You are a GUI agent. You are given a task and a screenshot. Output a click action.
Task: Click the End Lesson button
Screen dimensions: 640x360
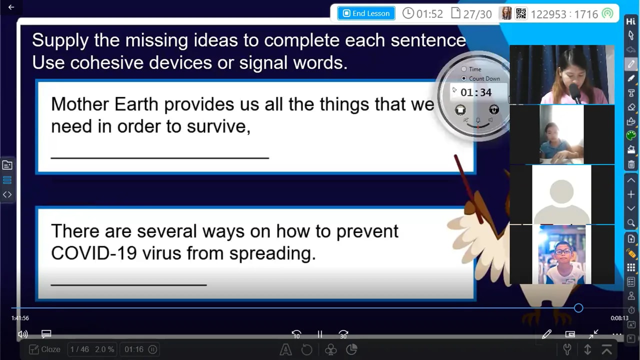pyautogui.click(x=366, y=13)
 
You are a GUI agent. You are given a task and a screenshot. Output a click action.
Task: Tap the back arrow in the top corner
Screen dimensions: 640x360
pyautogui.click(x=11, y=7)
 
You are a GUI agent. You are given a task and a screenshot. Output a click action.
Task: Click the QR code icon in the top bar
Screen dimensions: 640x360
pyautogui.click(x=521, y=13)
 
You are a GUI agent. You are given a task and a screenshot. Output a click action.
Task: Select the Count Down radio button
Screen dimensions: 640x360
pyautogui.click(x=463, y=78)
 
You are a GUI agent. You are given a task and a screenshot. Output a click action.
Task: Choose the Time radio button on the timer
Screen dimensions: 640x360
pyautogui.click(x=463, y=69)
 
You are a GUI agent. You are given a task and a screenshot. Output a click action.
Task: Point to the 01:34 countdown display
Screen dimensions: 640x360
pyautogui.click(x=476, y=92)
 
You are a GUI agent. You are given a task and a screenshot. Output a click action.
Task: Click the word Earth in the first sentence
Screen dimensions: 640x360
pyautogui.click(x=136, y=104)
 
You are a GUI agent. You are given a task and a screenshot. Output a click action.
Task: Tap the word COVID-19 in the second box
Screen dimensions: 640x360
pyautogui.click(x=94, y=253)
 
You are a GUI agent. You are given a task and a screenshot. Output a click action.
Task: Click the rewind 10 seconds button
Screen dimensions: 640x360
pyautogui.click(x=296, y=334)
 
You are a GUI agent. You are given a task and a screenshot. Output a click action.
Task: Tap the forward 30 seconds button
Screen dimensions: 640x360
pyautogui.click(x=343, y=334)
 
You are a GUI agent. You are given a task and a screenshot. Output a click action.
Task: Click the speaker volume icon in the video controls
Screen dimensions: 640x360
pyautogui.click(x=22, y=334)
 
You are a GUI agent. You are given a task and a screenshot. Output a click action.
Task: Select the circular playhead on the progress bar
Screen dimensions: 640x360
pyautogui.click(x=578, y=308)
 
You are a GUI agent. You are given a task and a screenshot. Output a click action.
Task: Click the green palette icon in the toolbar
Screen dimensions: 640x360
pyautogui.click(x=631, y=135)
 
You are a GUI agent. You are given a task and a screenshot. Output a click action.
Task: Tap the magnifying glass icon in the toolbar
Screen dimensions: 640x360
pyautogui.click(x=631, y=223)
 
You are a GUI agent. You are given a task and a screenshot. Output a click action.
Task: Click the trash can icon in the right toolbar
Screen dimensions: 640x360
pyautogui.click(x=631, y=164)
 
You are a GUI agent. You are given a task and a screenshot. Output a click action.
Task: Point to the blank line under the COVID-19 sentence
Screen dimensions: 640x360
pyautogui.click(x=128, y=284)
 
